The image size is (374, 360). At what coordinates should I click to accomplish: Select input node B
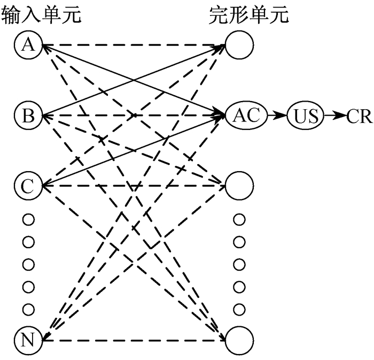(28, 115)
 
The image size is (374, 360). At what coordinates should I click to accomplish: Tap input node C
(28, 185)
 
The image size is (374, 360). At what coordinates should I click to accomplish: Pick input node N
(28, 339)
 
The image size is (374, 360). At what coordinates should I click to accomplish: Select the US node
(306, 115)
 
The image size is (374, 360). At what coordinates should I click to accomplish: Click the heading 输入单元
(42, 16)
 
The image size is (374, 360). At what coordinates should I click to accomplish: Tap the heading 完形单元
(248, 16)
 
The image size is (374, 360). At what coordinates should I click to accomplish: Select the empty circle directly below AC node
(239, 185)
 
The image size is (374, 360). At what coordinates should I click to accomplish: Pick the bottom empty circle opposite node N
(239, 339)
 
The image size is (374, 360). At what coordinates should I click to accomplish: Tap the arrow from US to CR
(335, 115)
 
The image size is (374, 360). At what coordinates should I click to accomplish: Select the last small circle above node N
(28, 309)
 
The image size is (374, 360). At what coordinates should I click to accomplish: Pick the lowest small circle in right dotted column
(239, 309)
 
